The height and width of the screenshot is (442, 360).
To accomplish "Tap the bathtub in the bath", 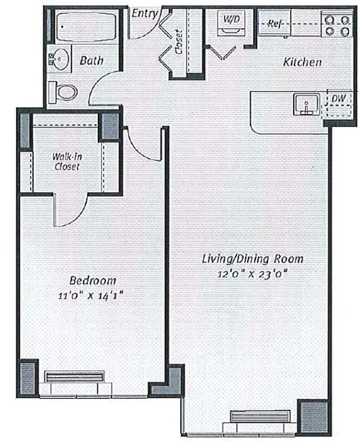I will [x=84, y=26].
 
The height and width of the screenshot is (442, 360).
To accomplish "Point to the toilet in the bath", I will [x=64, y=90].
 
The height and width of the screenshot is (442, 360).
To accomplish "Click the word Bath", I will [x=91, y=60].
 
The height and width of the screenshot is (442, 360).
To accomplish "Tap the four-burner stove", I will [x=337, y=24].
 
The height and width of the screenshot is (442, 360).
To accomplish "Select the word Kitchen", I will [x=302, y=62].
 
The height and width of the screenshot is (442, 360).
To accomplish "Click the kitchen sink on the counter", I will [x=304, y=103].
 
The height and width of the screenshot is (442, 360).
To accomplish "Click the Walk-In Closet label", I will [x=66, y=161].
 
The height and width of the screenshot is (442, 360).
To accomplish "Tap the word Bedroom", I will [x=93, y=280].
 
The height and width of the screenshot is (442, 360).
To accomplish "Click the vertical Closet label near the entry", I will [x=179, y=42].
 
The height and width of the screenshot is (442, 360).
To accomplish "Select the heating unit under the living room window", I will [x=259, y=416].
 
